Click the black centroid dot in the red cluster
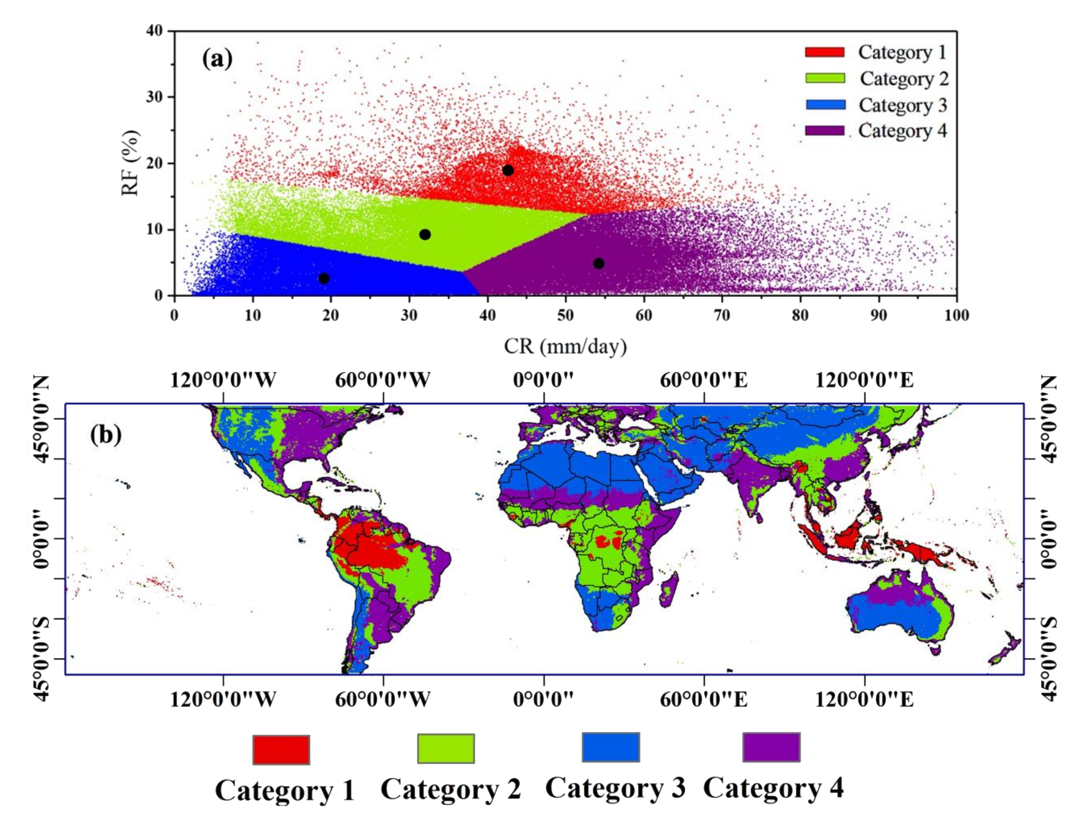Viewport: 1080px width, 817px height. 508,170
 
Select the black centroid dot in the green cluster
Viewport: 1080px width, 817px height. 425,234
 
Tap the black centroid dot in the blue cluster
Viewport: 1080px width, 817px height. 324,278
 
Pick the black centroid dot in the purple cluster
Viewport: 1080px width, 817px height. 599,264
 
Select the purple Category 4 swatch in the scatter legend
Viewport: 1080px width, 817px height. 825,131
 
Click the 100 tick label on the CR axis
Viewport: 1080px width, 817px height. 956,315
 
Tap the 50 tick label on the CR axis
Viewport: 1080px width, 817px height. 565,315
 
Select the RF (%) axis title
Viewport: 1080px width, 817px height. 131,163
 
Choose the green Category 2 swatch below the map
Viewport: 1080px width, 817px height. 445,748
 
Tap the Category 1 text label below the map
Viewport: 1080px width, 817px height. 285,790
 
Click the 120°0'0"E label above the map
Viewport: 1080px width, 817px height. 864,380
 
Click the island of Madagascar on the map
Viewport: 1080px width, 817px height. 668,590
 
